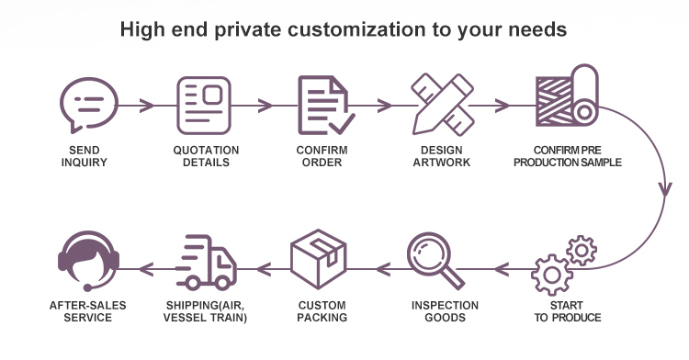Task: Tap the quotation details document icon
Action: (204, 106)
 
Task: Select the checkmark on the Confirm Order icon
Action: (342, 124)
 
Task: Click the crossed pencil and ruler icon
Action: (443, 105)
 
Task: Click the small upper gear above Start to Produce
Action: (582, 250)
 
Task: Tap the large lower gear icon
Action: (552, 275)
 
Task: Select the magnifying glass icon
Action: (435, 260)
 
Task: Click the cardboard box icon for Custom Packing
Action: (319, 259)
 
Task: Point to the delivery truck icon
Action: (206, 263)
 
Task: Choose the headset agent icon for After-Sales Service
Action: (89, 261)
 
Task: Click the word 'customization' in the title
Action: (356, 29)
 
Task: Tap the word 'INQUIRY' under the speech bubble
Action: (84, 163)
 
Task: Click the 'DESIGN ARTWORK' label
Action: (442, 156)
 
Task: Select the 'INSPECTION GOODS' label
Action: (445, 311)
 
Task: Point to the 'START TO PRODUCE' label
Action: (568, 311)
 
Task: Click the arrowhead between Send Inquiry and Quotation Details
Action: (147, 106)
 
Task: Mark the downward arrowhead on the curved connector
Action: (665, 189)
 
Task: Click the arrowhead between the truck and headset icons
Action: (146, 269)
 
